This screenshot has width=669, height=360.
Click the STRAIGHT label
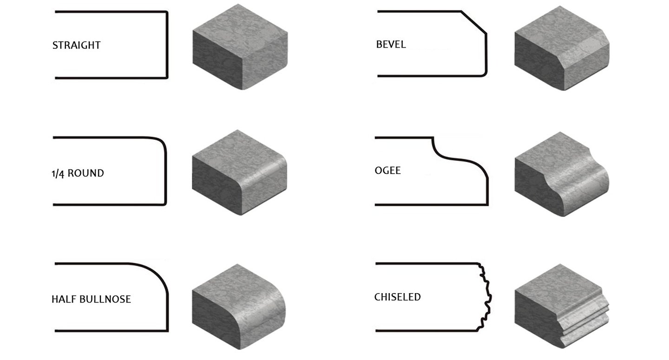click(x=76, y=46)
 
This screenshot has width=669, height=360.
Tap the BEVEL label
click(x=391, y=45)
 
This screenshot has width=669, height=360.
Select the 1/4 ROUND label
click(x=78, y=173)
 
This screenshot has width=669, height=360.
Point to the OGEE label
click(x=387, y=170)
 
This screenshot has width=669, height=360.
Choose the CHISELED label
click(x=397, y=297)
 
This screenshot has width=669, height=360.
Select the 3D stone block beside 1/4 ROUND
click(x=239, y=173)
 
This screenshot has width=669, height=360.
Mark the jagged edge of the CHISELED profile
click(x=486, y=297)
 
